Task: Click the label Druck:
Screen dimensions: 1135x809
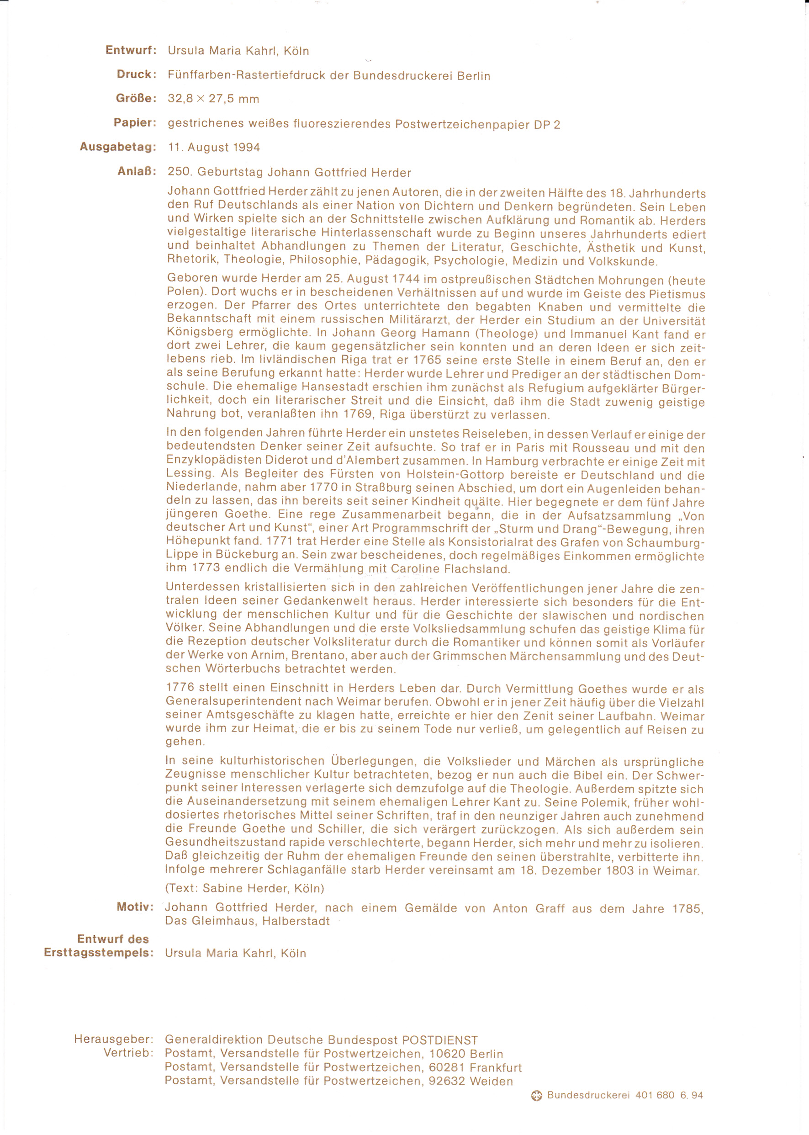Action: click(x=137, y=74)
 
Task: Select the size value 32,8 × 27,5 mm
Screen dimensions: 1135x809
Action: click(x=213, y=99)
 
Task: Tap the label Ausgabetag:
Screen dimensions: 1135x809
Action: click(x=117, y=147)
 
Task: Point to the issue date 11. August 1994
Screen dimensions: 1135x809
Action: click(x=214, y=148)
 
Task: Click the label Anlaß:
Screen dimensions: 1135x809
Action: click(x=137, y=171)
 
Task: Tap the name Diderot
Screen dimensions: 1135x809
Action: click(x=285, y=461)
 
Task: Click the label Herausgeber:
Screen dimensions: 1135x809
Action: click(x=114, y=1040)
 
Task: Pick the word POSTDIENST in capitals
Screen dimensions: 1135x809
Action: click(x=440, y=1040)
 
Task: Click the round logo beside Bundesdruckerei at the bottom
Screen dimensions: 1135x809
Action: click(x=536, y=1096)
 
